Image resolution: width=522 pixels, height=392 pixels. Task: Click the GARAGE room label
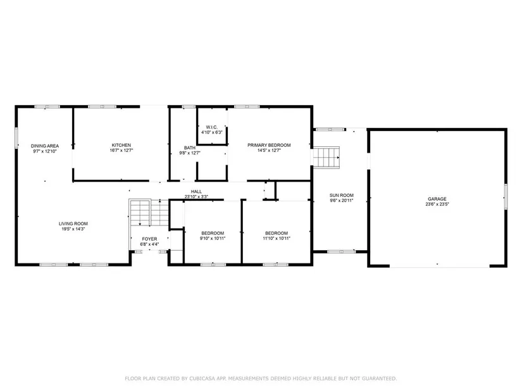tap(437, 199)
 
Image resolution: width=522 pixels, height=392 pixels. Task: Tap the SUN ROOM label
tap(342, 195)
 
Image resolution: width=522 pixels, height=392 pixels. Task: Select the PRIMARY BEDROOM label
tap(269, 145)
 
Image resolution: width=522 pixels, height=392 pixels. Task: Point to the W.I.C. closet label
tap(212, 127)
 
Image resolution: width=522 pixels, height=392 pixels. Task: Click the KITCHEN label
tap(121, 145)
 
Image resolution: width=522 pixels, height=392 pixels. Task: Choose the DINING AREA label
tap(45, 146)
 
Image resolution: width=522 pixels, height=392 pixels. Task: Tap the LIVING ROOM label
tap(73, 224)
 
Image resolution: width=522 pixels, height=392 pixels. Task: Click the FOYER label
tap(149, 239)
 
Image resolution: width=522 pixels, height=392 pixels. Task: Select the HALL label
tap(196, 192)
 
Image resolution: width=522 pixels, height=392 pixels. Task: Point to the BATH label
tap(190, 148)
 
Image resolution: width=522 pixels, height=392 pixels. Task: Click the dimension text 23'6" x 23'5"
tap(437, 205)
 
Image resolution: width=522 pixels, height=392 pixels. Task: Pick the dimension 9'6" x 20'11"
tap(342, 201)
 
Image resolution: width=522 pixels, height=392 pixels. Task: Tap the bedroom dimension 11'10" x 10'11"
tap(277, 238)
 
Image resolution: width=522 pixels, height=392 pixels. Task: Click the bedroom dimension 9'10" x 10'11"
tap(213, 238)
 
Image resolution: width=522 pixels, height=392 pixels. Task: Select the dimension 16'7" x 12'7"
tap(121, 151)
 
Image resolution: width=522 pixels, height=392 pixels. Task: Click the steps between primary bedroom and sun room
tap(326, 157)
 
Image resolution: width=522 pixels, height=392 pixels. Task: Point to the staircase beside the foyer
tap(149, 213)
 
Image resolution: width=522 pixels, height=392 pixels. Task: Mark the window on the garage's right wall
tap(506, 197)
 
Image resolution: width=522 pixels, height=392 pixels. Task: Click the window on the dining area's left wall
tap(16, 137)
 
